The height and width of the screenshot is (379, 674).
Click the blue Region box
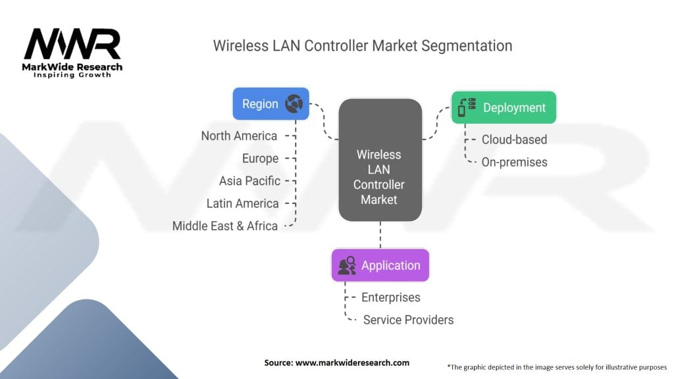click(271, 104)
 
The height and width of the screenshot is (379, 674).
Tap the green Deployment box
click(504, 107)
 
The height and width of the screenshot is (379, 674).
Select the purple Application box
click(380, 265)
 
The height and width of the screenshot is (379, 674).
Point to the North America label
click(239, 136)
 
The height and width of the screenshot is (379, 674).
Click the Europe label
click(259, 159)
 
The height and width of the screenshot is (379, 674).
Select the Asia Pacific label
click(249, 181)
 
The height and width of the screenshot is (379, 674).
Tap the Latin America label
click(242, 203)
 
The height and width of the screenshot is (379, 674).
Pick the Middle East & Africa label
click(224, 226)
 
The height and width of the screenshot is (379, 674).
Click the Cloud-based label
click(514, 139)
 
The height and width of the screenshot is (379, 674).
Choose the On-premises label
click(514, 162)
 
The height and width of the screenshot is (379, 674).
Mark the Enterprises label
click(391, 297)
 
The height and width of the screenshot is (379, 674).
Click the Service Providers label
click(408, 320)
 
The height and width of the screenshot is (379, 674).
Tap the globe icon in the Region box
click(293, 104)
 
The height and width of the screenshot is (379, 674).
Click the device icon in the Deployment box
click(467, 107)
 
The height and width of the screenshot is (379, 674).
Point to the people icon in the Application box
click(347, 266)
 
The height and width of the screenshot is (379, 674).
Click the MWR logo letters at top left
click(72, 45)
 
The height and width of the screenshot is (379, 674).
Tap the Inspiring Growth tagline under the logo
click(72, 75)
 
